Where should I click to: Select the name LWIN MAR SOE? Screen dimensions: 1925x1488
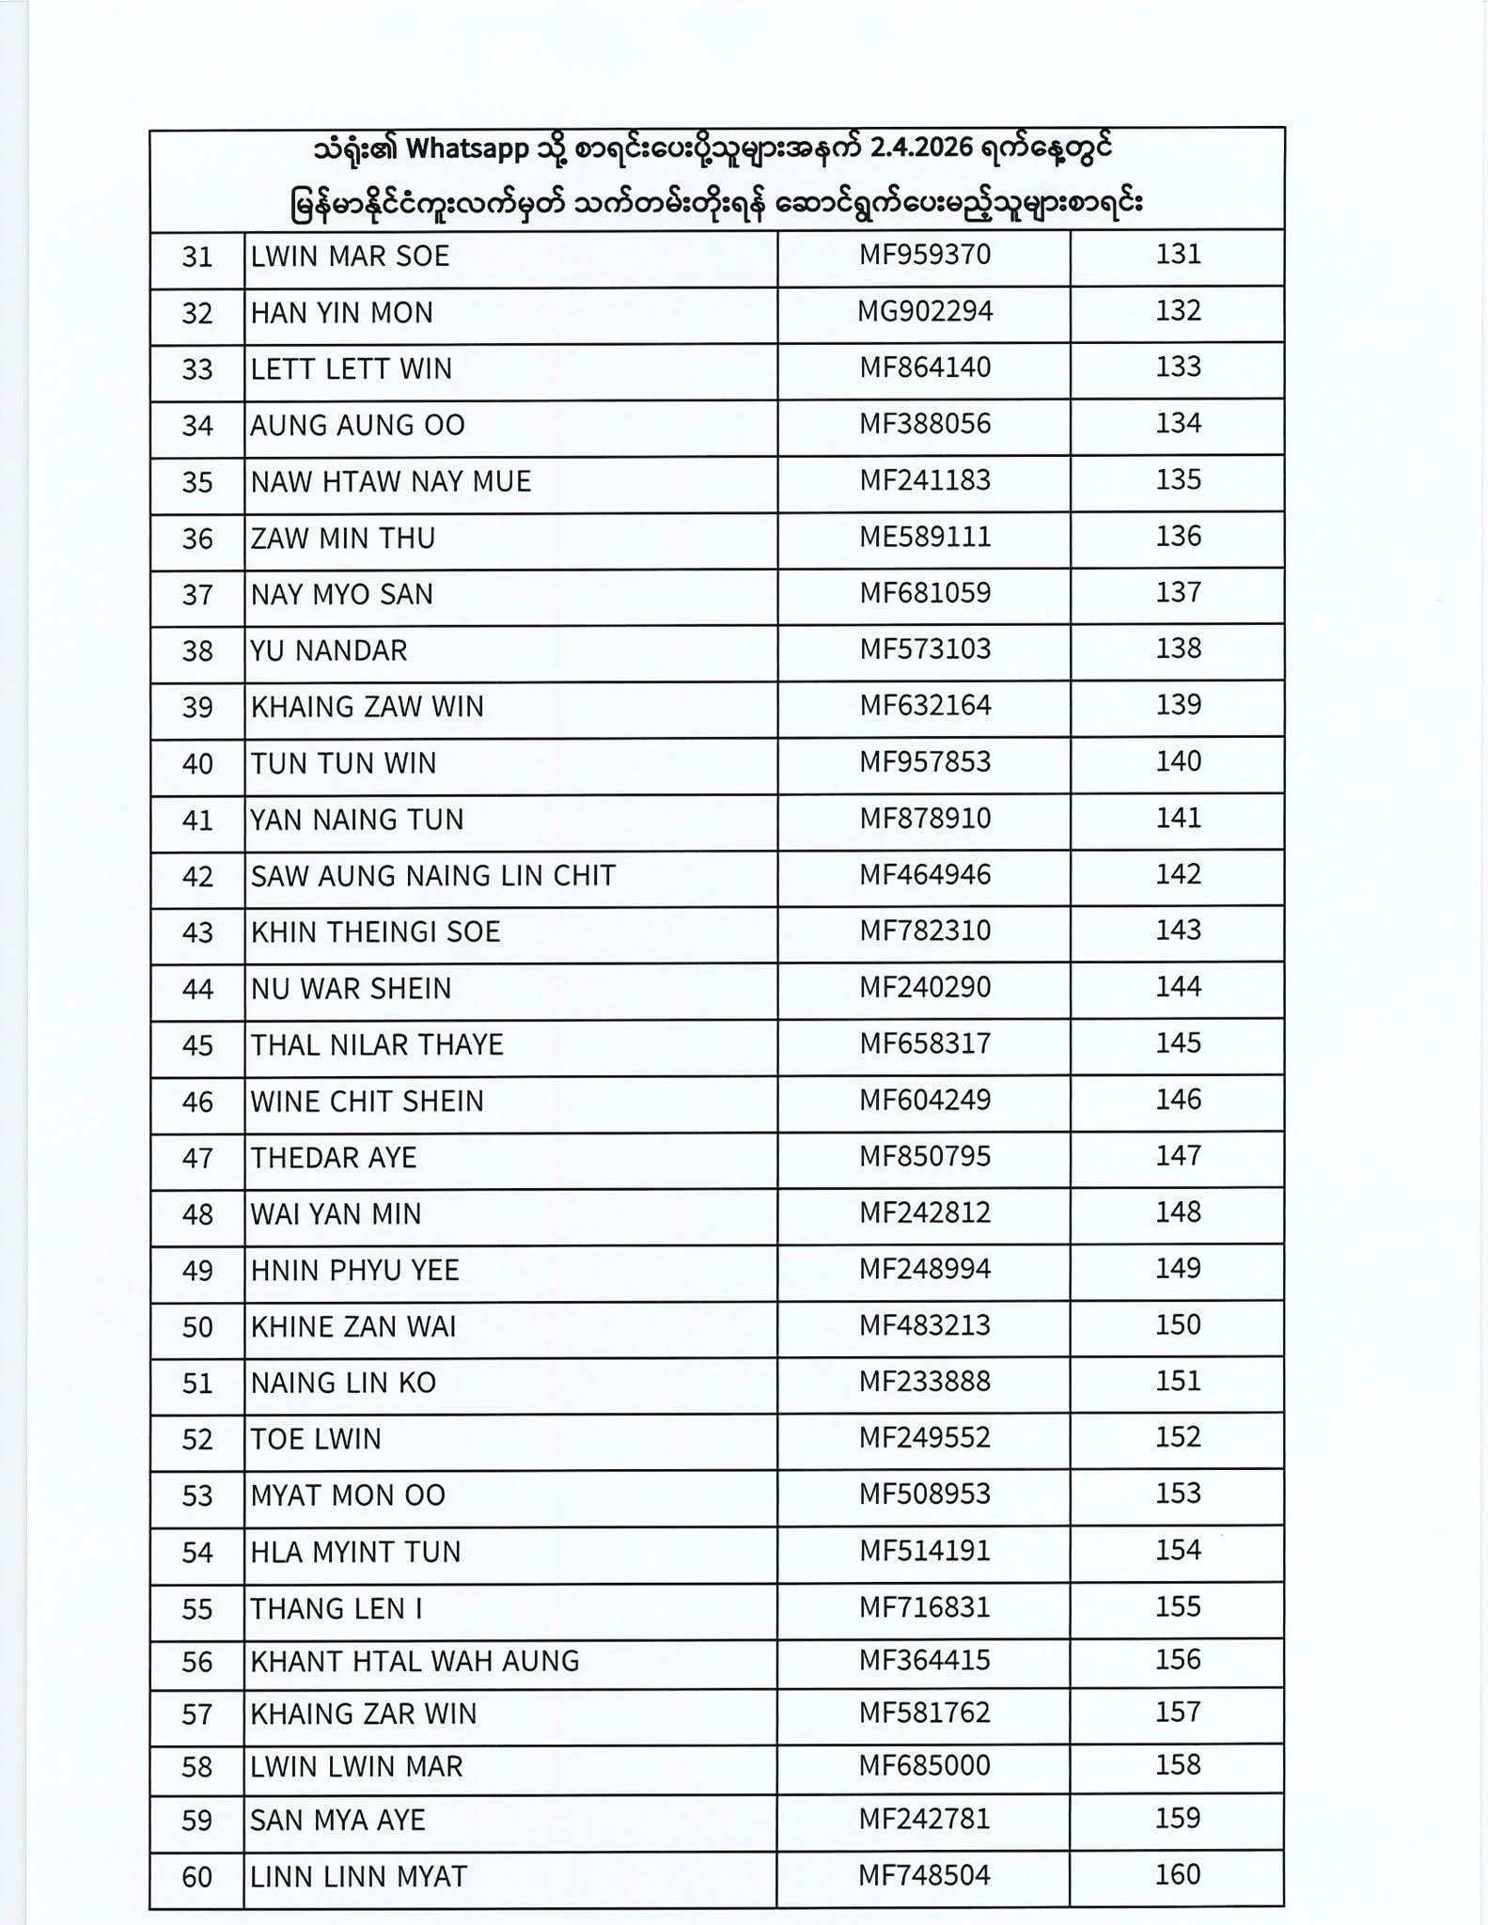point(350,257)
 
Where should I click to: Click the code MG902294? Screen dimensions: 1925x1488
point(925,311)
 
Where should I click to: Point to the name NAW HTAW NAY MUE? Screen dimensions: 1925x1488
point(391,482)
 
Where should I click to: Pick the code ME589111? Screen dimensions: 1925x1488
point(925,537)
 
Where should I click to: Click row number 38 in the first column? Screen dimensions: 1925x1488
point(197,651)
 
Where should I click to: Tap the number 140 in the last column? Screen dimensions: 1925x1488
point(1178,761)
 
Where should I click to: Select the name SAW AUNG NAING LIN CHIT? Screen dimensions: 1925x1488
point(432,876)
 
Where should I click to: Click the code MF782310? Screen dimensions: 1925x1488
point(925,931)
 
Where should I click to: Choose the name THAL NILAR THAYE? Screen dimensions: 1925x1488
point(377,1045)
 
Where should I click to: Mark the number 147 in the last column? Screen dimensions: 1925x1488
point(1178,1155)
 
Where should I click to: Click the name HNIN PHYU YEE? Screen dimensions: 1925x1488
point(354,1271)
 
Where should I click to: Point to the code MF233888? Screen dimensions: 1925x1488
point(925,1381)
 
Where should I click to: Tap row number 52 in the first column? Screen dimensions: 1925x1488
point(197,1440)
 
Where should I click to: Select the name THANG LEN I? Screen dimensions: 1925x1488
point(336,1609)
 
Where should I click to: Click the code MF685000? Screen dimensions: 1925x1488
point(925,1765)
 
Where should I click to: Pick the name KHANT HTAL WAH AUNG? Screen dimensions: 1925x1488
point(415,1662)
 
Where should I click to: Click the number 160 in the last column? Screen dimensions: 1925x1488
point(1178,1875)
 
